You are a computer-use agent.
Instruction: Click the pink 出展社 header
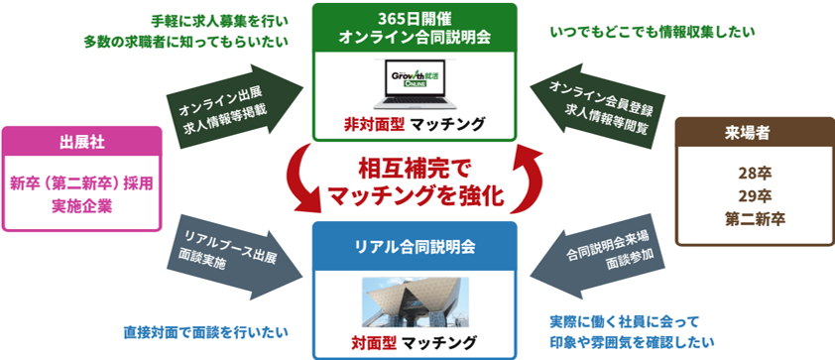[x=81, y=142]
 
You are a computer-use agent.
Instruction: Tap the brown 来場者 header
[x=754, y=133]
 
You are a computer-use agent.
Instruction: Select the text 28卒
[x=755, y=174]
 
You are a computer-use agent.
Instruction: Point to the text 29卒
[x=755, y=196]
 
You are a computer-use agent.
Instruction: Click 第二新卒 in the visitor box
[x=755, y=219]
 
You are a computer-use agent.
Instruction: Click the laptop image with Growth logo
[x=415, y=83]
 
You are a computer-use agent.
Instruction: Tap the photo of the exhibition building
[x=416, y=301]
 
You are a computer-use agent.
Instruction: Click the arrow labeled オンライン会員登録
[x=595, y=106]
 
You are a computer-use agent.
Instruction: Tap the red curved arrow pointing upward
[x=530, y=176]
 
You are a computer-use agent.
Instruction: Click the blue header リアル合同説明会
[x=415, y=247]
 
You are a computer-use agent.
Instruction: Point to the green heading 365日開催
[x=415, y=19]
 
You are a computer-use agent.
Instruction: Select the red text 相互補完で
[x=415, y=171]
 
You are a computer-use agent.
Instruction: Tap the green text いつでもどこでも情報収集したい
[x=653, y=33]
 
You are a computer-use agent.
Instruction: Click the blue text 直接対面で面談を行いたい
[x=205, y=333]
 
